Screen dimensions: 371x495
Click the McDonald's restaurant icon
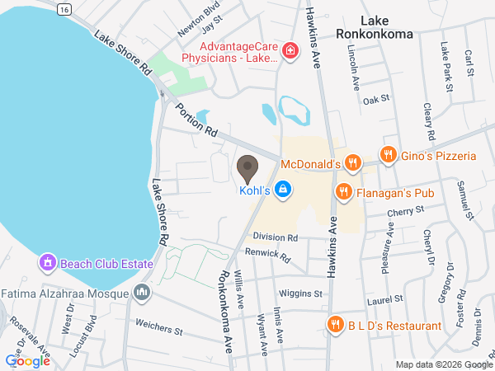[352, 163]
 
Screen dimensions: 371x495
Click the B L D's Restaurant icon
[335, 323]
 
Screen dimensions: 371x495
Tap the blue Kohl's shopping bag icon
[283, 190]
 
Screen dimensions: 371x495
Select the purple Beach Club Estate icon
[48, 264]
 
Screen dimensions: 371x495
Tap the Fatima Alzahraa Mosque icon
[142, 292]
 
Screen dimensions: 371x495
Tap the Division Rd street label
[275, 237]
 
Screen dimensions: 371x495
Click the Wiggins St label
[300, 294]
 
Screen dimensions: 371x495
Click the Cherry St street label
[408, 211]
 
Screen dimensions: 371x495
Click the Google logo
[27, 360]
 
